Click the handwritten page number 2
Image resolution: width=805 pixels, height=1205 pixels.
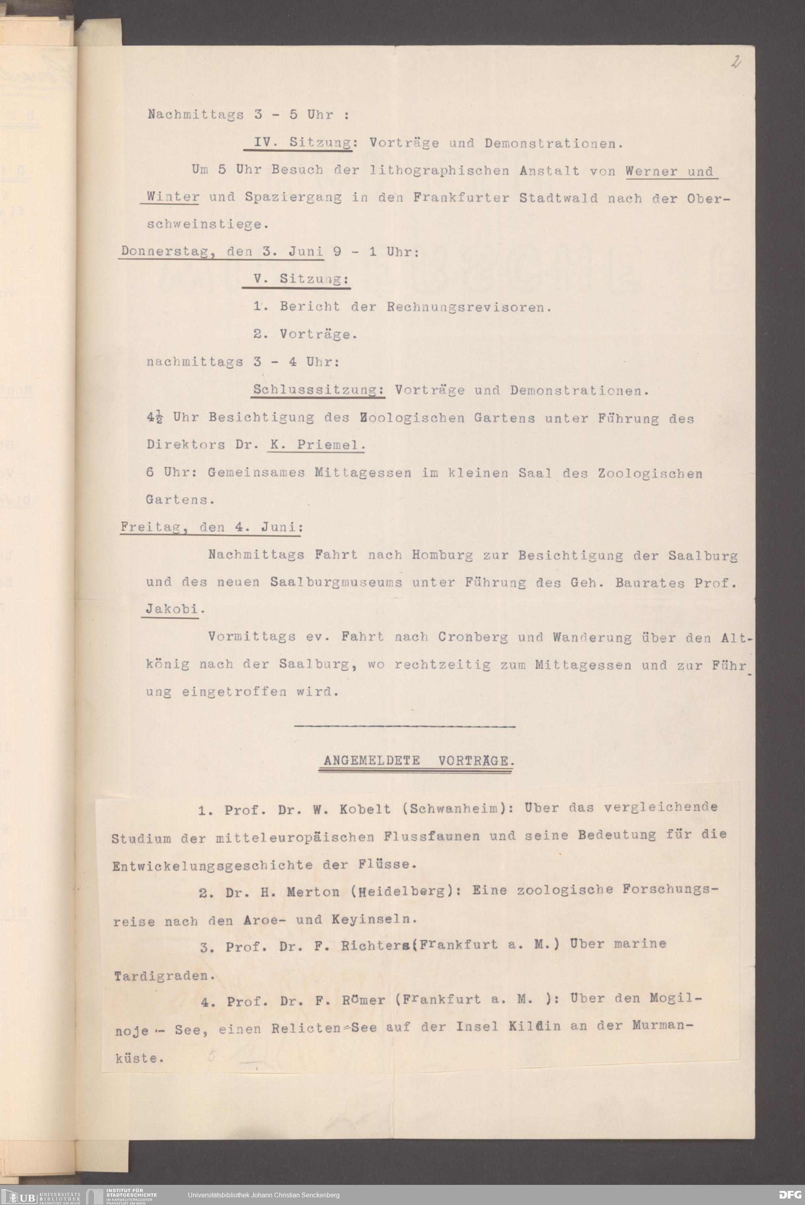click(x=736, y=63)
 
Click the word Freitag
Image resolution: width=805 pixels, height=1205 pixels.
click(x=147, y=527)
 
